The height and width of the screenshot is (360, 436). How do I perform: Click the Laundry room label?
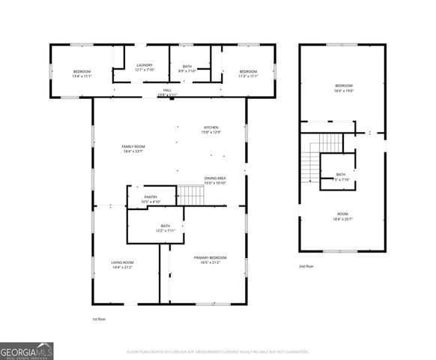[x=145, y=67]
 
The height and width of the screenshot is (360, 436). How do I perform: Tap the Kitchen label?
[x=211, y=130]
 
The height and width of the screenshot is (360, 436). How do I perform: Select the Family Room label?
[x=133, y=148]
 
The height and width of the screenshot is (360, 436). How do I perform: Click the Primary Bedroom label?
[x=210, y=260]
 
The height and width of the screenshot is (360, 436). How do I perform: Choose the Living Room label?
[x=122, y=265]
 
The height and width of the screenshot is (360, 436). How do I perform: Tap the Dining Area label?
[x=215, y=181]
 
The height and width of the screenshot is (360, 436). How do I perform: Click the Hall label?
[x=168, y=93]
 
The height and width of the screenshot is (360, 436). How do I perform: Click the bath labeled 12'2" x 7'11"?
[x=166, y=228]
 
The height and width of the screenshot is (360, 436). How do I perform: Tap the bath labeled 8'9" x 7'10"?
[x=187, y=68]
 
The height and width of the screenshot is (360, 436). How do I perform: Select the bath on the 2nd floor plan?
[x=340, y=177]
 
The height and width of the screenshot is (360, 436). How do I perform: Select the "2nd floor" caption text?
[x=306, y=265]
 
